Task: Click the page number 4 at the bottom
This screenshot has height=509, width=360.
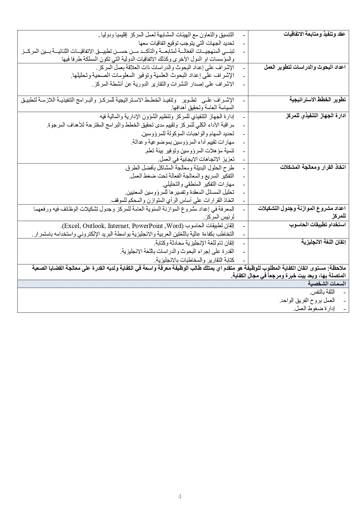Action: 180,497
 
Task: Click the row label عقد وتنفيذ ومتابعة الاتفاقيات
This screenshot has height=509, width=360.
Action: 314,34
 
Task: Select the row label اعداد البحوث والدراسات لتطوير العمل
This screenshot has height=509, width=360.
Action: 305,67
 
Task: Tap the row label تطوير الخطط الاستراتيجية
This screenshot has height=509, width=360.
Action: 318,99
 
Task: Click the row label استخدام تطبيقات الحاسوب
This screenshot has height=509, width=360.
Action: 317,225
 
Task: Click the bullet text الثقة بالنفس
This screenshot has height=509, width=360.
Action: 322,292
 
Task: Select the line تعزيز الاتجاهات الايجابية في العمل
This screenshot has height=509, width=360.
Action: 196,159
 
